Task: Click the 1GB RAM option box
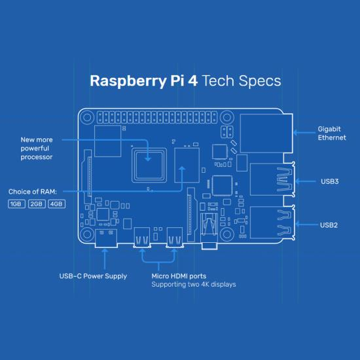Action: point(16,204)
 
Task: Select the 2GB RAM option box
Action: point(37,204)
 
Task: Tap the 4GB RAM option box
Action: point(57,204)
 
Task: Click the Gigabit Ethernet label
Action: point(332,133)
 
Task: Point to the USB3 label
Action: point(330,181)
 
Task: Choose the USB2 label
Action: point(329,225)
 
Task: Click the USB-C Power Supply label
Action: point(93,276)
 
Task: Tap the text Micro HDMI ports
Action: point(179,276)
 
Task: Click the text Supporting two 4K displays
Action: point(194,285)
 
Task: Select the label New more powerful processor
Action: point(37,149)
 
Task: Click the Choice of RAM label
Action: point(33,192)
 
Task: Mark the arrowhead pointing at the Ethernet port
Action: point(296,132)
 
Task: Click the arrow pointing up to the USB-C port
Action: point(105,259)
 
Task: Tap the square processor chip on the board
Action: point(149,166)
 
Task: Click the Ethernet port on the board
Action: point(266,133)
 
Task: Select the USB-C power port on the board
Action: point(106,238)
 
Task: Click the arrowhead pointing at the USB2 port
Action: point(298,225)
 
